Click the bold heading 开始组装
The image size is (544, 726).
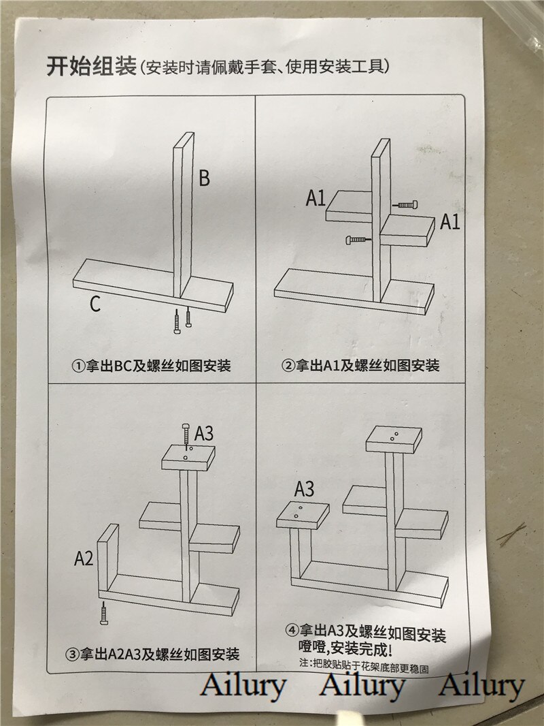(x=92, y=66)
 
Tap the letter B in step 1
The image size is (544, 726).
(x=204, y=178)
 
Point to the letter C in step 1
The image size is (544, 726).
(x=95, y=304)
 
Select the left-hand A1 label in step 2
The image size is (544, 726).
(x=316, y=198)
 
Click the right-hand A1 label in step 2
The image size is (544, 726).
(x=449, y=222)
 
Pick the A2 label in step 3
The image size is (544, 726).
(x=84, y=558)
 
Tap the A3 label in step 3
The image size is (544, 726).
(x=204, y=433)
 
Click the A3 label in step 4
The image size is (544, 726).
(x=304, y=489)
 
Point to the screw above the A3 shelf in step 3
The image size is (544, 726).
(x=186, y=435)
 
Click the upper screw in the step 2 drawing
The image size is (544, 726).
(x=405, y=204)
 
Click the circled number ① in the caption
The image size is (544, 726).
(x=78, y=366)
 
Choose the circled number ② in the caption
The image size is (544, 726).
(x=288, y=366)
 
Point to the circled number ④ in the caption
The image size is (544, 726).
(x=292, y=630)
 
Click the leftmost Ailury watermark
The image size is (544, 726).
(x=243, y=686)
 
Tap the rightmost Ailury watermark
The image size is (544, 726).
(x=481, y=686)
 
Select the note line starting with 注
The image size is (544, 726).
(x=364, y=665)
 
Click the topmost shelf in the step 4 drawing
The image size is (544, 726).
(x=394, y=441)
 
